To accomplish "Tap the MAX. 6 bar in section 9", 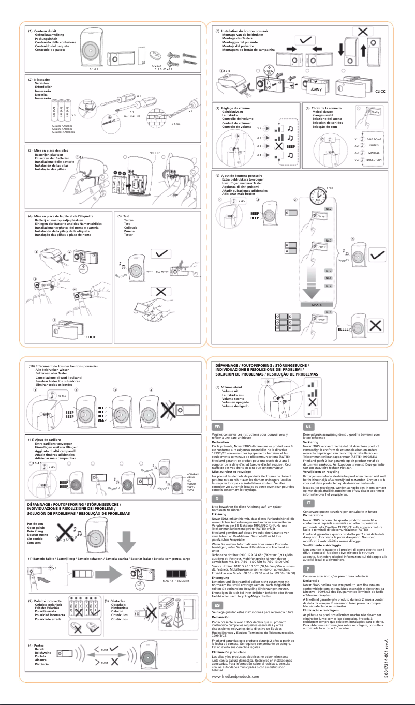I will click(317, 305).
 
